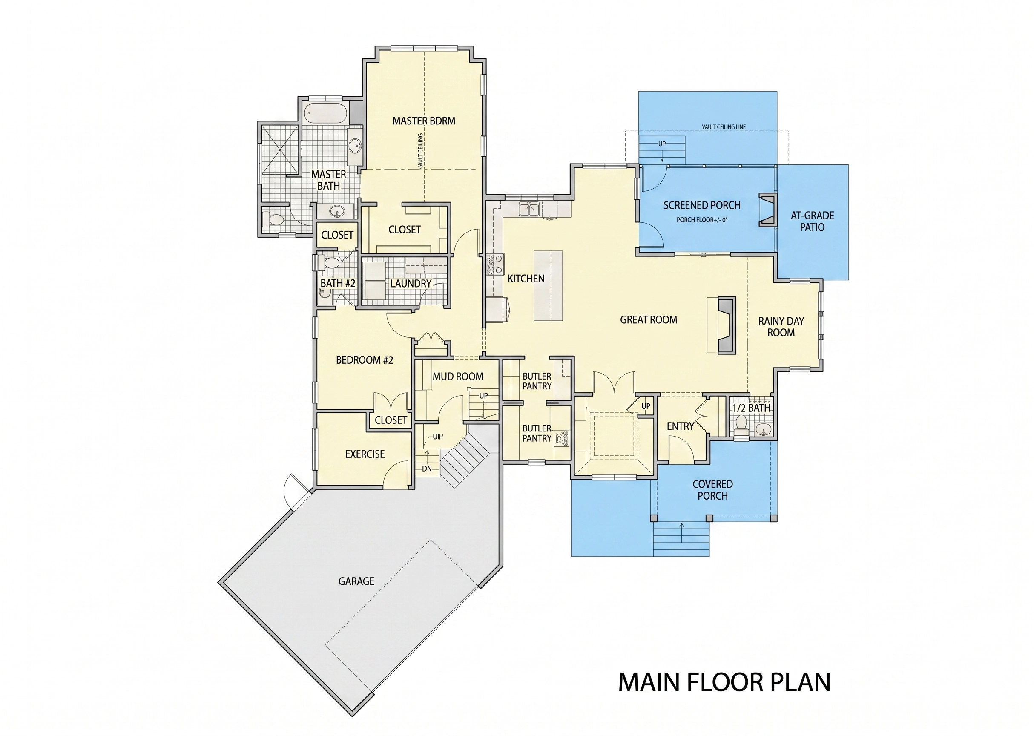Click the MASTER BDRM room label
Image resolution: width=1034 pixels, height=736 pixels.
coord(424,121)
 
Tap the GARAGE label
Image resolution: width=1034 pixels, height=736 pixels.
coord(356,581)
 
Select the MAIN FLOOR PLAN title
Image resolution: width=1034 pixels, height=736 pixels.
coord(724,682)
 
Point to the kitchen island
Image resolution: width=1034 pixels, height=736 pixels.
coord(548,285)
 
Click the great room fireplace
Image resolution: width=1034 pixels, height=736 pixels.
coord(722,325)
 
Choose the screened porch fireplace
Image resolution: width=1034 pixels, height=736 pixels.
coord(768,210)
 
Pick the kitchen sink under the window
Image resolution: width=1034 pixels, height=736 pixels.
coord(529,210)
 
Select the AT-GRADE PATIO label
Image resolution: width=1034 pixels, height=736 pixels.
coord(812,221)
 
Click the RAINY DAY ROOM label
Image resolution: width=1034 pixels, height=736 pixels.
coord(781,327)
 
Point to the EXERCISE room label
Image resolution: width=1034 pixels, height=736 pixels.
coord(365,454)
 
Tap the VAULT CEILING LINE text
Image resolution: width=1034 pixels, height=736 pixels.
coord(724,127)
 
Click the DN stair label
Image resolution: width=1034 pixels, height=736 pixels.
coord(427,469)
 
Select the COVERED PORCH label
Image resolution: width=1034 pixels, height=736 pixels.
coord(712,490)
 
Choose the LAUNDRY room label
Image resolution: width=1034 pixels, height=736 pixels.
coord(411,284)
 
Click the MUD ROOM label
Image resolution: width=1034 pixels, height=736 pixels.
coord(458,376)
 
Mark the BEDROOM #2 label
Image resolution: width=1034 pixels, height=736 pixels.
coord(364,360)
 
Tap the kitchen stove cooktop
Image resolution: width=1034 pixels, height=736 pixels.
coord(495,264)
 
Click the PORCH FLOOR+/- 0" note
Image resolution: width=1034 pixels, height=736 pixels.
coord(702,220)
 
